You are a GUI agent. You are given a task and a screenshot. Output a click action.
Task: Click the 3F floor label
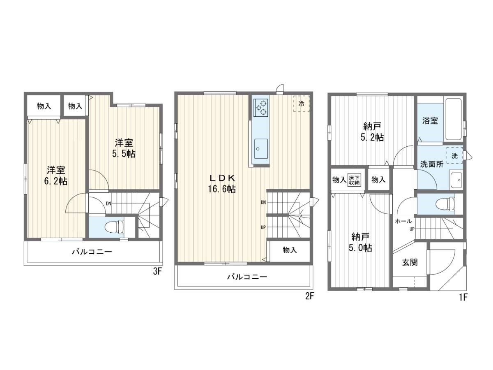(x=157, y=271)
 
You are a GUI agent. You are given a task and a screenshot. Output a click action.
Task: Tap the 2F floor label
(x=309, y=296)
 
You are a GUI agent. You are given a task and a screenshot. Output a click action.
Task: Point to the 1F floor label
(x=463, y=297)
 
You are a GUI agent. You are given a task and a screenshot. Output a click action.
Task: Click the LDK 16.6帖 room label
(x=222, y=183)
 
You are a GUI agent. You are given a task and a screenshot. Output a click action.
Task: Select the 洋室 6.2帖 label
(x=56, y=175)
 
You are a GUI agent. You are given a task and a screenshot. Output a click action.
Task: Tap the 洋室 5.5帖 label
(x=124, y=148)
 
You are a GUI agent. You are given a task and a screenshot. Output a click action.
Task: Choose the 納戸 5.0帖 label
(x=360, y=242)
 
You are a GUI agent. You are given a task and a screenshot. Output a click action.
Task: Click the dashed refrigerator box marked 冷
(x=301, y=104)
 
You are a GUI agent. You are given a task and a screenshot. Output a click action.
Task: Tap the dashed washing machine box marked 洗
(x=454, y=155)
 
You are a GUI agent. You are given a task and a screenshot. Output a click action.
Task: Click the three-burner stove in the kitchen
(x=261, y=108)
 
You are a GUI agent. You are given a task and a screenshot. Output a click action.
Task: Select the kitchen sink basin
(x=261, y=148)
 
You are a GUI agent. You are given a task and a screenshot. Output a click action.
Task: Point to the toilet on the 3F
(x=115, y=227)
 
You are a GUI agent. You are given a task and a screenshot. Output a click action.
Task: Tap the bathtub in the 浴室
(x=453, y=119)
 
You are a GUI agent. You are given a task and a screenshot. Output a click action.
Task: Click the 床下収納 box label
(x=354, y=180)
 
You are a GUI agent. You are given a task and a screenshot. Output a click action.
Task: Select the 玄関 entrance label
(x=410, y=262)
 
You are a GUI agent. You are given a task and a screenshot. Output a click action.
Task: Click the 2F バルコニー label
(x=247, y=277)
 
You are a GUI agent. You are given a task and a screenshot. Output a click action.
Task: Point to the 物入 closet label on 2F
(x=290, y=250)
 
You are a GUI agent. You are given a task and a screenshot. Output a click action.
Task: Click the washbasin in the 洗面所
(x=456, y=180)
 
